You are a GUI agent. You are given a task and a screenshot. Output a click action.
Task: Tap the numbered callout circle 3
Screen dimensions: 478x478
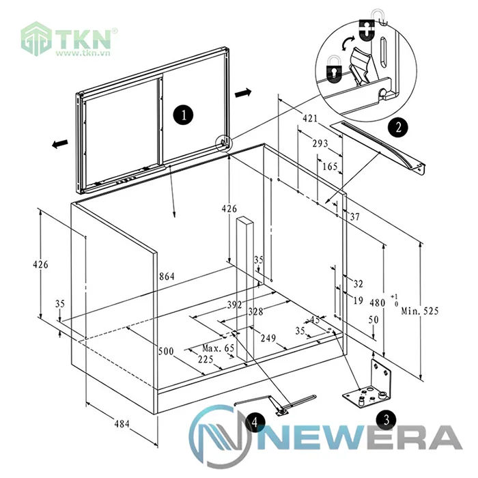pos(387,419)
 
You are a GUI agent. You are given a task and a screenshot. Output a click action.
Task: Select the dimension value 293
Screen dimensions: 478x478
pos(320,143)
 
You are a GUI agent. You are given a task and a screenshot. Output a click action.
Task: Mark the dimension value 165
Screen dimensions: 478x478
pos(330,166)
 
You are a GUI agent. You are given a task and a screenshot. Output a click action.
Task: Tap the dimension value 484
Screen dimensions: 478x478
pos(122,423)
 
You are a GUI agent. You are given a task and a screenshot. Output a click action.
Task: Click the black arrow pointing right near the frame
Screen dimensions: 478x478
pos(243,92)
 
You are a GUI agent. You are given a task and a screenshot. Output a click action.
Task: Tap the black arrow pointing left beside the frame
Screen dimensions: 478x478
pos(60,143)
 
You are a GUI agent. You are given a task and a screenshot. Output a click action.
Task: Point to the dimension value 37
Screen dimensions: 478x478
pos(354,216)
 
